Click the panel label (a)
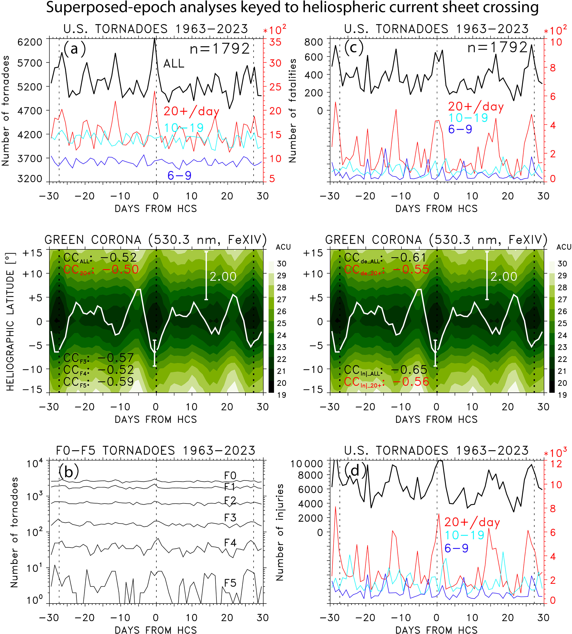tap(74, 49)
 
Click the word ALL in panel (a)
tap(174, 64)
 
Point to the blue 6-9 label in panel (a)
tap(179, 175)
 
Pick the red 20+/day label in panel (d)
tap(472, 522)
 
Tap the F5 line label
tap(230, 583)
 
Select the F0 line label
tap(230, 475)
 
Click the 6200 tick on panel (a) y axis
tap(30, 42)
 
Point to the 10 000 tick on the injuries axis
tap(307, 464)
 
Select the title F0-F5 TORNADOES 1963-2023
tap(156, 451)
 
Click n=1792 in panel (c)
tap(498, 48)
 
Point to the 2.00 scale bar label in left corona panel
tap(223, 277)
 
